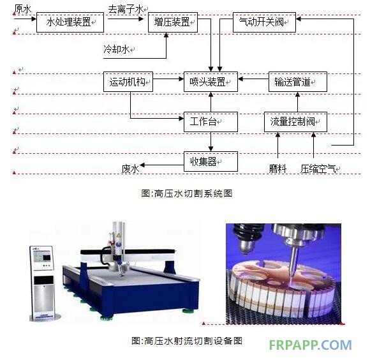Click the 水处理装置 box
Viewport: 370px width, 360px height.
pos(70,22)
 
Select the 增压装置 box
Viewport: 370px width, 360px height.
pos(173,22)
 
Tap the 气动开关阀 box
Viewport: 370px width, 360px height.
pos(264,22)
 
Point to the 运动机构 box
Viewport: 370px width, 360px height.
pos(128,82)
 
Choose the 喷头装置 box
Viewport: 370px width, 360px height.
pos(211,82)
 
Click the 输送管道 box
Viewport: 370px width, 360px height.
pos(298,82)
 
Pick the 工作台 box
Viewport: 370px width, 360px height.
pos(211,122)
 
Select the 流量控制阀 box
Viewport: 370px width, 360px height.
pos(295,122)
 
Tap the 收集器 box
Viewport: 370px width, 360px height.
pos(211,161)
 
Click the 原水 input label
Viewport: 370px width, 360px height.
pos(23,9)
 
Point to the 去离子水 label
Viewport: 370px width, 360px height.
pos(126,10)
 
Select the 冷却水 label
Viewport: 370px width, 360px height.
pos(117,49)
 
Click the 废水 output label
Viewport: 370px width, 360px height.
pos(130,169)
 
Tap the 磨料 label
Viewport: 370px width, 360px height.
pos(277,169)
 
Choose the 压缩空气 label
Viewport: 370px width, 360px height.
pos(318,169)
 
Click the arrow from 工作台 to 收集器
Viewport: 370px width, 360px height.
pos(211,142)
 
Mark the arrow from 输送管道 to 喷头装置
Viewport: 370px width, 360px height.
pos(253,79)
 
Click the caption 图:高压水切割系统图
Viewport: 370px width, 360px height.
pos(187,193)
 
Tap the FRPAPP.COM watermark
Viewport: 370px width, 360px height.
pos(310,345)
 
